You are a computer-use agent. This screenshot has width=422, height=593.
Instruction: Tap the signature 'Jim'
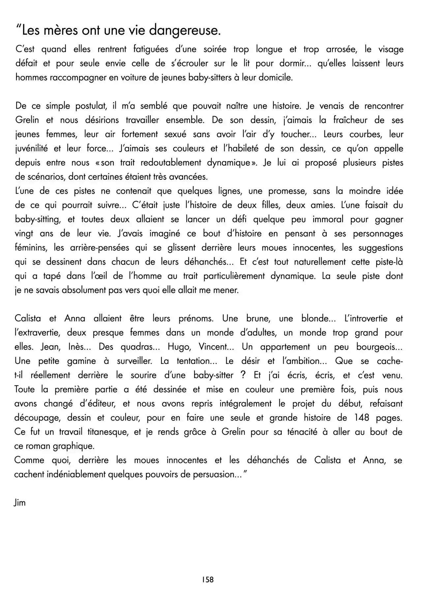[20, 503]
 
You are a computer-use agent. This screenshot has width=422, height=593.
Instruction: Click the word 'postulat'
[87, 106]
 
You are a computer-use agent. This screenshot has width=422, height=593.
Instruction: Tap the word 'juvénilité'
[31, 149]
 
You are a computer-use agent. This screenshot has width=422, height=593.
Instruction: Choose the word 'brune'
[258, 319]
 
